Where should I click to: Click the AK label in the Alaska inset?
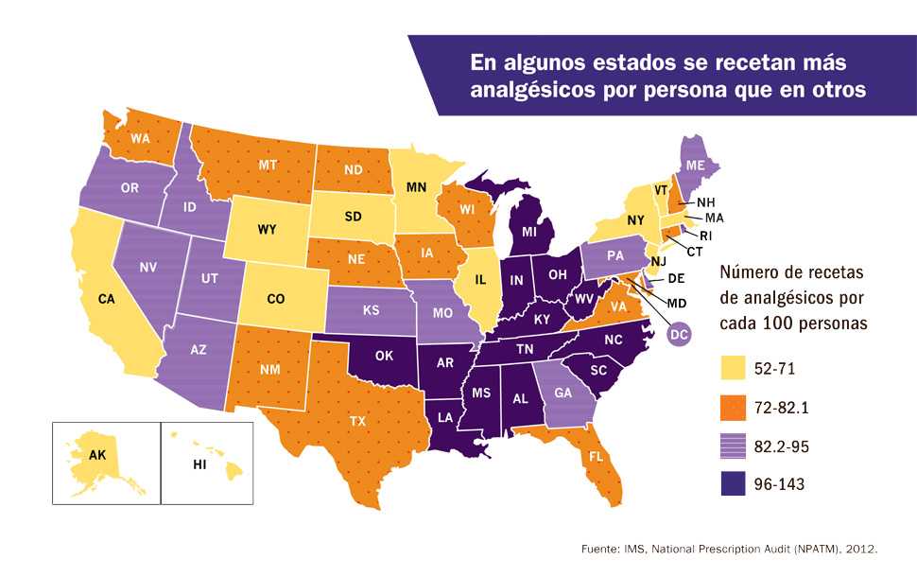[97, 455]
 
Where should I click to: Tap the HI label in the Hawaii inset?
[200, 464]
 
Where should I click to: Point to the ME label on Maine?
[696, 165]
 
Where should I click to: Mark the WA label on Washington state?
[141, 138]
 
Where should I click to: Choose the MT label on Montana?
[241, 164]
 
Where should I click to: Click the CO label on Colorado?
[275, 298]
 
